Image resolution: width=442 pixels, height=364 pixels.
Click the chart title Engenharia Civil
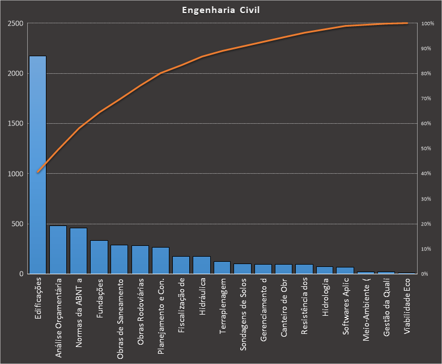[221, 10]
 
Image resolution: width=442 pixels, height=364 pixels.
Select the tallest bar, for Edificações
[37, 165]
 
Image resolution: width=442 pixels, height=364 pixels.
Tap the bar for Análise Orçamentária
[58, 250]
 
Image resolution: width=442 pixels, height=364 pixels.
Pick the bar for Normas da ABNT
[78, 251]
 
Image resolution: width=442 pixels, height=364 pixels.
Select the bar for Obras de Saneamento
[120, 260]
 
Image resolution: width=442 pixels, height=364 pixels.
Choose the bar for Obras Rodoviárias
[140, 260]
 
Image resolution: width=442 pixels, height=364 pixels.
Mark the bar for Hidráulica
[202, 265]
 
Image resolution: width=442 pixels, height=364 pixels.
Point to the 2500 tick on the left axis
[15, 24]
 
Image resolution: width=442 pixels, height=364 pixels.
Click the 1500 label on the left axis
[15, 124]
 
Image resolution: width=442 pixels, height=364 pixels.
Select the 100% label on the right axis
[428, 24]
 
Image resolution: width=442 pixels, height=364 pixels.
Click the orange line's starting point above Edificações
[37, 172]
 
